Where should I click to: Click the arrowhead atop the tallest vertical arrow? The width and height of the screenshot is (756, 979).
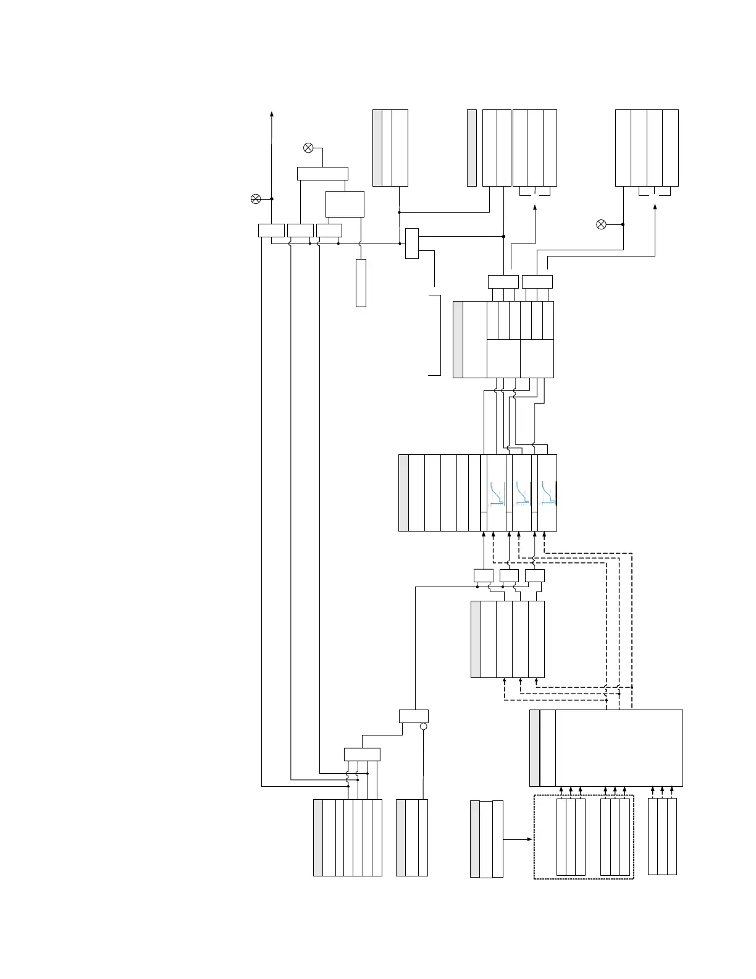click(x=272, y=114)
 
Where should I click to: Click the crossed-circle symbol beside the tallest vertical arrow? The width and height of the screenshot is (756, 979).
click(x=255, y=198)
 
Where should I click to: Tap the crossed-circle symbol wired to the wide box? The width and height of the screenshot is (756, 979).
click(x=308, y=148)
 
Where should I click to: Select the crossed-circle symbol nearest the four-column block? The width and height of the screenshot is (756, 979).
click(x=601, y=224)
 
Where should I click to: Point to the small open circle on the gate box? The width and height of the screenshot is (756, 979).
click(x=423, y=727)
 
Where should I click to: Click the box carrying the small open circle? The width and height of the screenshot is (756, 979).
click(x=413, y=716)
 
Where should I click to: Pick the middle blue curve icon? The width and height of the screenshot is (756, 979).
click(x=523, y=493)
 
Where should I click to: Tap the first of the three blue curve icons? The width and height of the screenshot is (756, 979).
click(x=497, y=493)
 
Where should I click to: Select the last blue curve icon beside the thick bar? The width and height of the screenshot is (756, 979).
click(x=547, y=493)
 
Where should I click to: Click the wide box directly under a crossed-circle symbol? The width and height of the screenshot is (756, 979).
click(x=322, y=173)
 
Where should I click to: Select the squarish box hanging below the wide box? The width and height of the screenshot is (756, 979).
click(x=345, y=204)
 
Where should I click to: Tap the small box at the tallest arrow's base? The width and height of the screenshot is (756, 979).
click(x=271, y=230)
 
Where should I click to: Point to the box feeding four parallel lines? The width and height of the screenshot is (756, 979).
click(x=362, y=754)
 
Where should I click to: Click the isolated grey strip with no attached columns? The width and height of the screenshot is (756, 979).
click(x=472, y=148)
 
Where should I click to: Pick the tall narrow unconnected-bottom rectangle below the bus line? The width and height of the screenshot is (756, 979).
click(x=361, y=282)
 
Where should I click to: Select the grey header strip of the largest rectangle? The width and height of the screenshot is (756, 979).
click(x=535, y=748)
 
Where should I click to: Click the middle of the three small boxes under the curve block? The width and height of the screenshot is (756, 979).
click(x=509, y=576)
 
